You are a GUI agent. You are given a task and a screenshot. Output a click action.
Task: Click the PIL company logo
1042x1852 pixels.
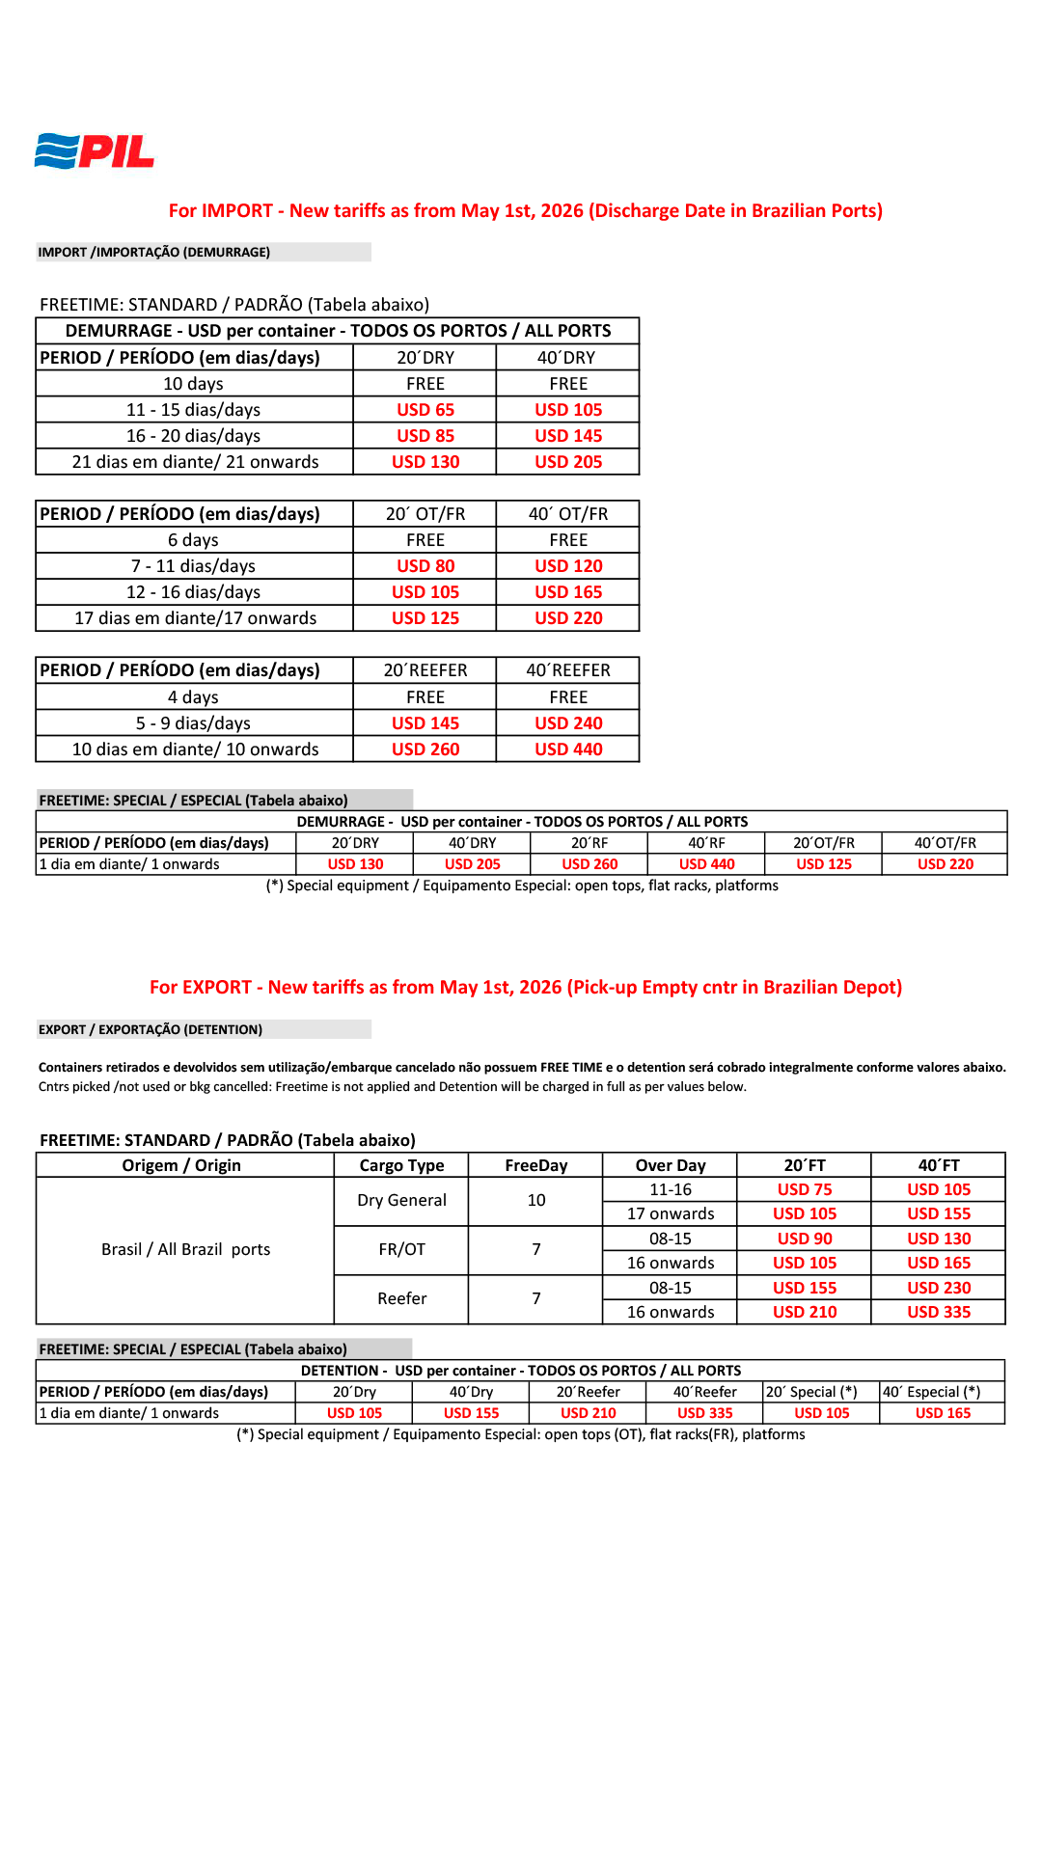95,151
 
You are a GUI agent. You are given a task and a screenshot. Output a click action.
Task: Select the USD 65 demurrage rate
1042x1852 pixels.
425,410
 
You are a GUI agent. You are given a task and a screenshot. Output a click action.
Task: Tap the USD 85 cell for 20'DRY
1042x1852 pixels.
425,436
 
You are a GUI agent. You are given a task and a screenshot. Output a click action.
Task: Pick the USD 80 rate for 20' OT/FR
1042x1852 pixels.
425,566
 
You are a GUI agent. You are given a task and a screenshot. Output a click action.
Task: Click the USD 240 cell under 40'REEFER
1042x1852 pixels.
568,723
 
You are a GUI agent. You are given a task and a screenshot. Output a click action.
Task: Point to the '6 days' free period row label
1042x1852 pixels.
193,540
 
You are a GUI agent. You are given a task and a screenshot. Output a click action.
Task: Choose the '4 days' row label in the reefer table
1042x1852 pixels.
193,697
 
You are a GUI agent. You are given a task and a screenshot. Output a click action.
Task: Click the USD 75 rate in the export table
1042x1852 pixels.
805,1190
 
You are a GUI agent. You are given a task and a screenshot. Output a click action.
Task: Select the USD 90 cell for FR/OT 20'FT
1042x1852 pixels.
805,1239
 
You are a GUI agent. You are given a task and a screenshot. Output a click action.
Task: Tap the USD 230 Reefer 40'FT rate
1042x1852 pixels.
939,1288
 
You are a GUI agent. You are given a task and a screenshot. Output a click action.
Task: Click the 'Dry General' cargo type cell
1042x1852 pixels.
401,1201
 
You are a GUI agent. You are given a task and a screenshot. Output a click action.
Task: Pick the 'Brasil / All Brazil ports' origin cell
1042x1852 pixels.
185,1250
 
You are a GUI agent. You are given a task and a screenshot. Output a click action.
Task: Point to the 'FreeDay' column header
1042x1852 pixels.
535,1165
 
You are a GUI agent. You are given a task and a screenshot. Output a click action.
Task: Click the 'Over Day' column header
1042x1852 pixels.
671,1165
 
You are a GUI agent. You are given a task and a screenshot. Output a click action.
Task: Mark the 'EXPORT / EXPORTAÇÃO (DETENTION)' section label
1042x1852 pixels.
151,1030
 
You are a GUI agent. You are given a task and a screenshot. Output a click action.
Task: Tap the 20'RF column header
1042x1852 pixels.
590,843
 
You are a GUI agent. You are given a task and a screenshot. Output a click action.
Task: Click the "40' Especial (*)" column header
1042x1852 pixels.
931,1392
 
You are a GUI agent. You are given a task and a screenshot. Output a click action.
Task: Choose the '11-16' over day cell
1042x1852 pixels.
671,1190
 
